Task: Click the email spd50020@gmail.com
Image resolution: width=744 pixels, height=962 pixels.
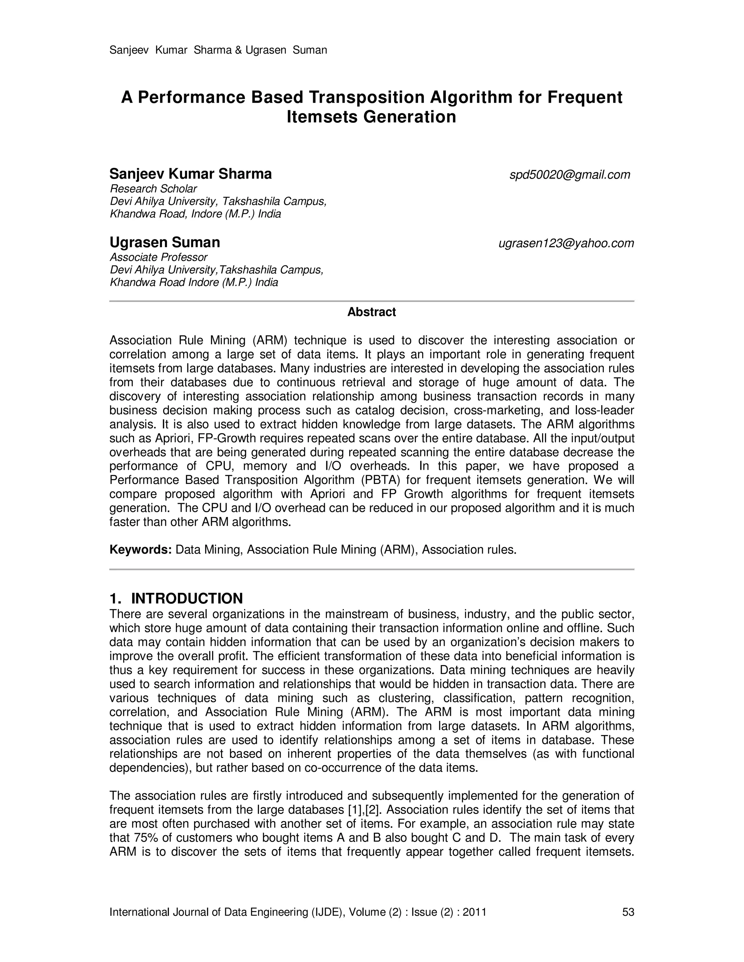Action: [570, 175]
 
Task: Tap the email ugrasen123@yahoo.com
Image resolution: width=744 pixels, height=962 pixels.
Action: [566, 243]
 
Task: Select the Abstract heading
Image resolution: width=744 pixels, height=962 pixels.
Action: [372, 312]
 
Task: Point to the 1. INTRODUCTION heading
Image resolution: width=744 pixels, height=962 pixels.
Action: [176, 598]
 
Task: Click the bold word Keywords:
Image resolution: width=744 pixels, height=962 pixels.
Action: [140, 550]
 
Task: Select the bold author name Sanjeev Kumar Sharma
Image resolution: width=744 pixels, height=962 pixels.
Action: [190, 174]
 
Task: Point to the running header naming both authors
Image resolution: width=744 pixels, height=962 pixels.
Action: [218, 50]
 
